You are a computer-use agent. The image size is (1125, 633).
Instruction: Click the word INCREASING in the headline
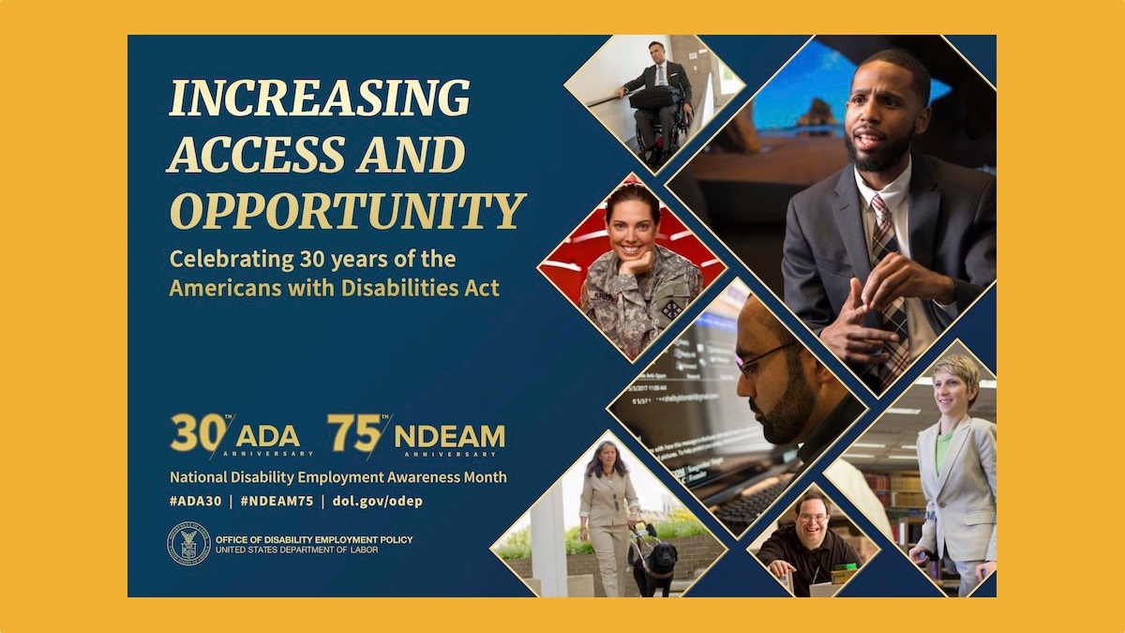(x=320, y=98)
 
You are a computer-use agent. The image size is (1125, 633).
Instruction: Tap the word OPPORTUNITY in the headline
(x=348, y=211)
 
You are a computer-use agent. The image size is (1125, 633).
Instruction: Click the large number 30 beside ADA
(x=199, y=432)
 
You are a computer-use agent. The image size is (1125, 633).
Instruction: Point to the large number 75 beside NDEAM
(x=354, y=432)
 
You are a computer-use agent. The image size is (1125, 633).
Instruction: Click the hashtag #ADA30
(x=195, y=501)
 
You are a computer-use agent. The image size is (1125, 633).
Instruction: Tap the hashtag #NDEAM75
(x=277, y=501)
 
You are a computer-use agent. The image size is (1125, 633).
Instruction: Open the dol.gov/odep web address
(x=378, y=502)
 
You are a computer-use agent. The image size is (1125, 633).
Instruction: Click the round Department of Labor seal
(x=188, y=543)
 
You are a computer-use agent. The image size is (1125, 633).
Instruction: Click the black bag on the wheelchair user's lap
(x=655, y=98)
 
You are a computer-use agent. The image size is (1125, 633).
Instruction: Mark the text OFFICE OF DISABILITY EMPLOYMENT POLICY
(x=314, y=539)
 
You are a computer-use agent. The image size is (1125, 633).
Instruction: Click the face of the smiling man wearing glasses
(x=812, y=516)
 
